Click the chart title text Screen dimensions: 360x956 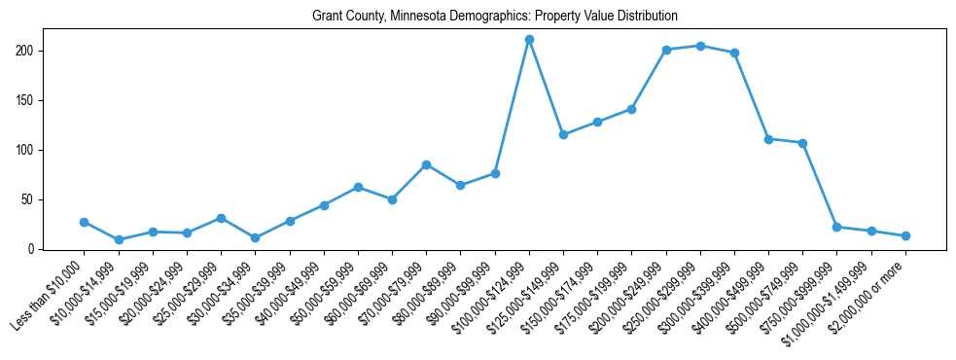click(x=494, y=17)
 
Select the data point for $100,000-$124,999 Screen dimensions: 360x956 click(x=529, y=40)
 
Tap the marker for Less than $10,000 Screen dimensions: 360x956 click(x=84, y=222)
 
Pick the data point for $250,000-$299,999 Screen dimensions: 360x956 click(x=700, y=46)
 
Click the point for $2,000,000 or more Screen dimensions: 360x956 click(x=905, y=235)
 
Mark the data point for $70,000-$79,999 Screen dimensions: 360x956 click(x=426, y=164)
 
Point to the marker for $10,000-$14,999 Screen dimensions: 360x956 click(x=118, y=239)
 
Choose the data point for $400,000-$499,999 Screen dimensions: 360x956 click(x=768, y=139)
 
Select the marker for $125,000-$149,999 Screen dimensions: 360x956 click(x=563, y=134)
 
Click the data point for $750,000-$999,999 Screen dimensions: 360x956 click(x=836, y=227)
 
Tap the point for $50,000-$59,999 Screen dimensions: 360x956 click(x=358, y=187)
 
